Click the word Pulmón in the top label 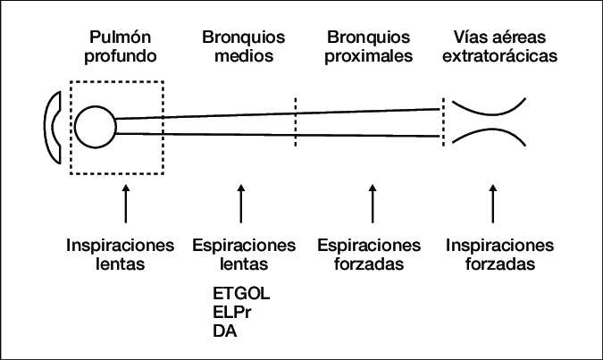pos(123,38)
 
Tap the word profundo pos(123,56)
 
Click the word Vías pos(463,38)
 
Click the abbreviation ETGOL pos(241,294)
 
